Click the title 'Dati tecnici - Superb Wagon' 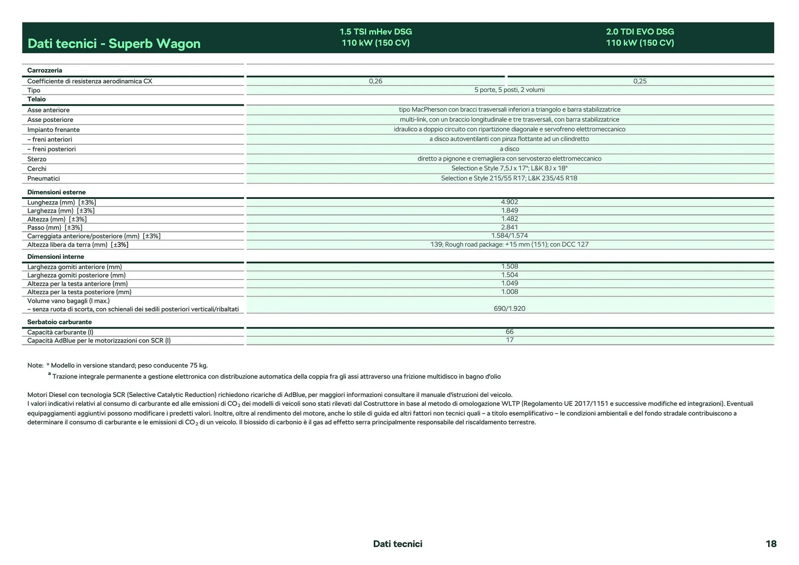pos(114,43)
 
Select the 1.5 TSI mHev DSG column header pos(375,37)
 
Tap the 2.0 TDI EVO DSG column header pos(640,37)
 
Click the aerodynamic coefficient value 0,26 pos(375,81)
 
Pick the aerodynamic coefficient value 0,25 pos(640,81)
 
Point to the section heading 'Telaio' pos(37,99)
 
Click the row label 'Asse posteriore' pos(50,120)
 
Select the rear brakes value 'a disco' pos(509,149)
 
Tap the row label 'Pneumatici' pos(44,178)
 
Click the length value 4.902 pos(509,202)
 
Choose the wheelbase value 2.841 pos(509,227)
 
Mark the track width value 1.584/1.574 pos(509,235)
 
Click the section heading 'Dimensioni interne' pos(56,257)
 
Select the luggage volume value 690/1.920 pos(509,309)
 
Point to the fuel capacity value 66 pos(509,332)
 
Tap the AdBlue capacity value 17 pos(509,340)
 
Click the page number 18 pos(771,544)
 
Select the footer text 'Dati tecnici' pos(397,544)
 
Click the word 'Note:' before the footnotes pos(35,365)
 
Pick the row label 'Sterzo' pos(37,159)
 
